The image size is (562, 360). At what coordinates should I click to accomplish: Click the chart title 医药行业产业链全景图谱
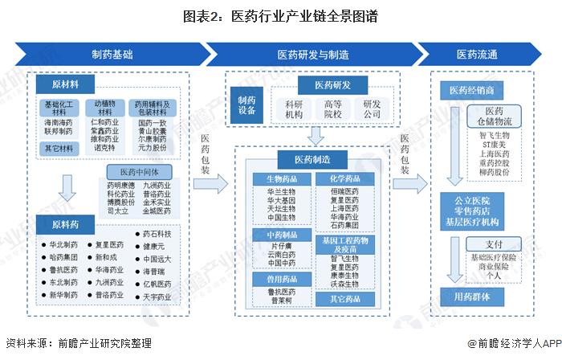(x=280, y=15)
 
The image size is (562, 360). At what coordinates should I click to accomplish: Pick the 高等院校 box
(x=332, y=110)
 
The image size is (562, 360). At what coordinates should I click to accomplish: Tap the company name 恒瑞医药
(x=344, y=191)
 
